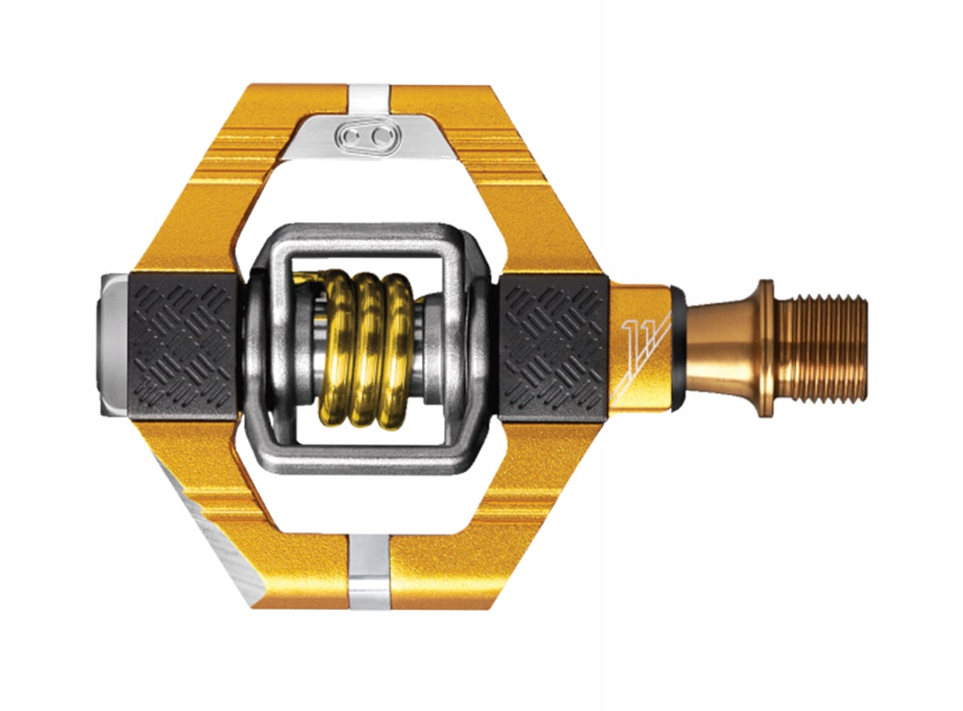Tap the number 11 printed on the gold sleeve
click(x=636, y=331)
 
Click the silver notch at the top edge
click(x=369, y=96)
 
